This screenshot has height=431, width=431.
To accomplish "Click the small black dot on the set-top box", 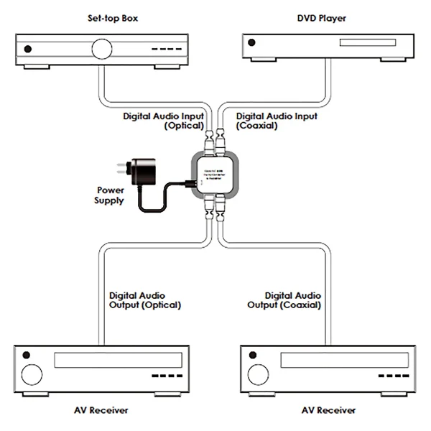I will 28,49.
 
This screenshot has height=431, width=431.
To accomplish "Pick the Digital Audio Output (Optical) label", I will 144,300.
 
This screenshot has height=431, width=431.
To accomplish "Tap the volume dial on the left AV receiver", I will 32,374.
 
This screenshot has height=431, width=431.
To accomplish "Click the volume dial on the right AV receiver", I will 256,374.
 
